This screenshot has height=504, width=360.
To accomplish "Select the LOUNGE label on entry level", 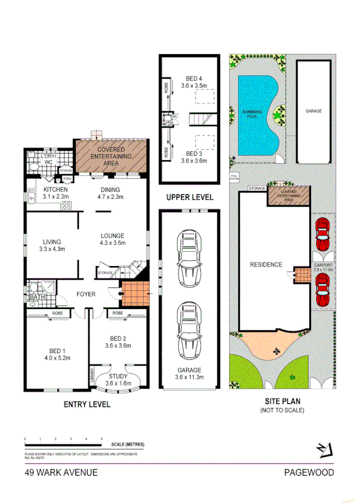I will pos(112,236).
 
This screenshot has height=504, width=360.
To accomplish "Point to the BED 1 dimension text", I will pos(57,357).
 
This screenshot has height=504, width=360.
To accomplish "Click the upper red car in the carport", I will pos(322,236).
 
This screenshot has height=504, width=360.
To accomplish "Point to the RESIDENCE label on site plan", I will pos(266,264).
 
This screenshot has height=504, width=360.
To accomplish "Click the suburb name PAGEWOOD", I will pos(309,472).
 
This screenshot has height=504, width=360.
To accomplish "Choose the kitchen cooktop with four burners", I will pos(66,205).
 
